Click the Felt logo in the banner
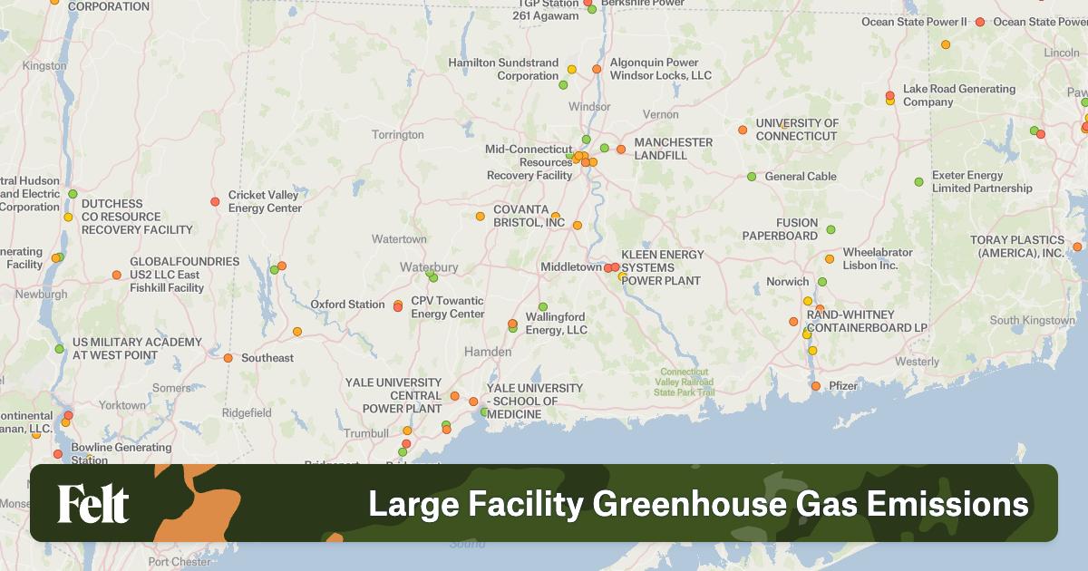point(93,504)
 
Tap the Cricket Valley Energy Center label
point(265,201)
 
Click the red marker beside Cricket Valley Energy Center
point(215,201)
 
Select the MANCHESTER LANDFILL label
point(673,149)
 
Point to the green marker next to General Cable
point(752,177)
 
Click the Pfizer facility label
point(843,386)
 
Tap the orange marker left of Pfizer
point(816,386)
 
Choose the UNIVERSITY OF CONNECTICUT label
point(797,130)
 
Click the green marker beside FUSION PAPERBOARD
point(831,230)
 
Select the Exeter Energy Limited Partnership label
point(981,182)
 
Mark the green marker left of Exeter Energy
point(918,182)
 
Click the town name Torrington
point(397,135)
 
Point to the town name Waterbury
point(429,267)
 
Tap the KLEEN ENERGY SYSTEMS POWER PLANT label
point(662,267)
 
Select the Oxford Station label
point(347,305)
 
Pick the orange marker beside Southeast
point(228,358)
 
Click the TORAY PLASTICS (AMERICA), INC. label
point(1016,247)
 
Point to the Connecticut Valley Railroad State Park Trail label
point(685,382)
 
